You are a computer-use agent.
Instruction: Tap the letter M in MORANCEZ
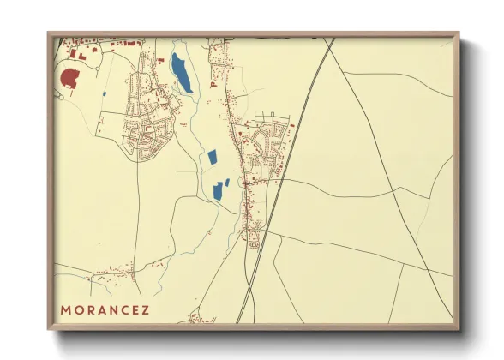(66, 308)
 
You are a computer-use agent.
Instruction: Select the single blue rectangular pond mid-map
(212, 158)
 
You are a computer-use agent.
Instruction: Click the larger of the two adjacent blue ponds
(217, 190)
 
